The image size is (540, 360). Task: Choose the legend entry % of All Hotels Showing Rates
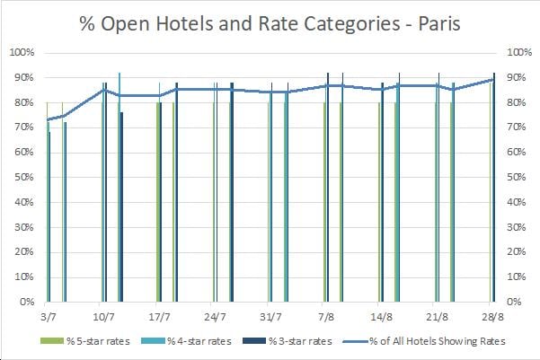click(447, 341)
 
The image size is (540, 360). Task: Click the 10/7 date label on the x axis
click(102, 317)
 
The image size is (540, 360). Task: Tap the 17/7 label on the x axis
click(158, 317)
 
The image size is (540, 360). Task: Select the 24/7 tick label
click(214, 317)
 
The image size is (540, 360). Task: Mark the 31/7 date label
click(270, 317)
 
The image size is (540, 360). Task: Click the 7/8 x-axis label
click(326, 317)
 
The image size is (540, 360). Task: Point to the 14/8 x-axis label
click(382, 317)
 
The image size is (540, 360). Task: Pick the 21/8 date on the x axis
click(438, 317)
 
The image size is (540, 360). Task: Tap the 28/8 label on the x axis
click(493, 317)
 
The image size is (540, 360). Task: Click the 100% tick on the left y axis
click(22, 52)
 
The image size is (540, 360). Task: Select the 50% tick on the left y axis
click(24, 177)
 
